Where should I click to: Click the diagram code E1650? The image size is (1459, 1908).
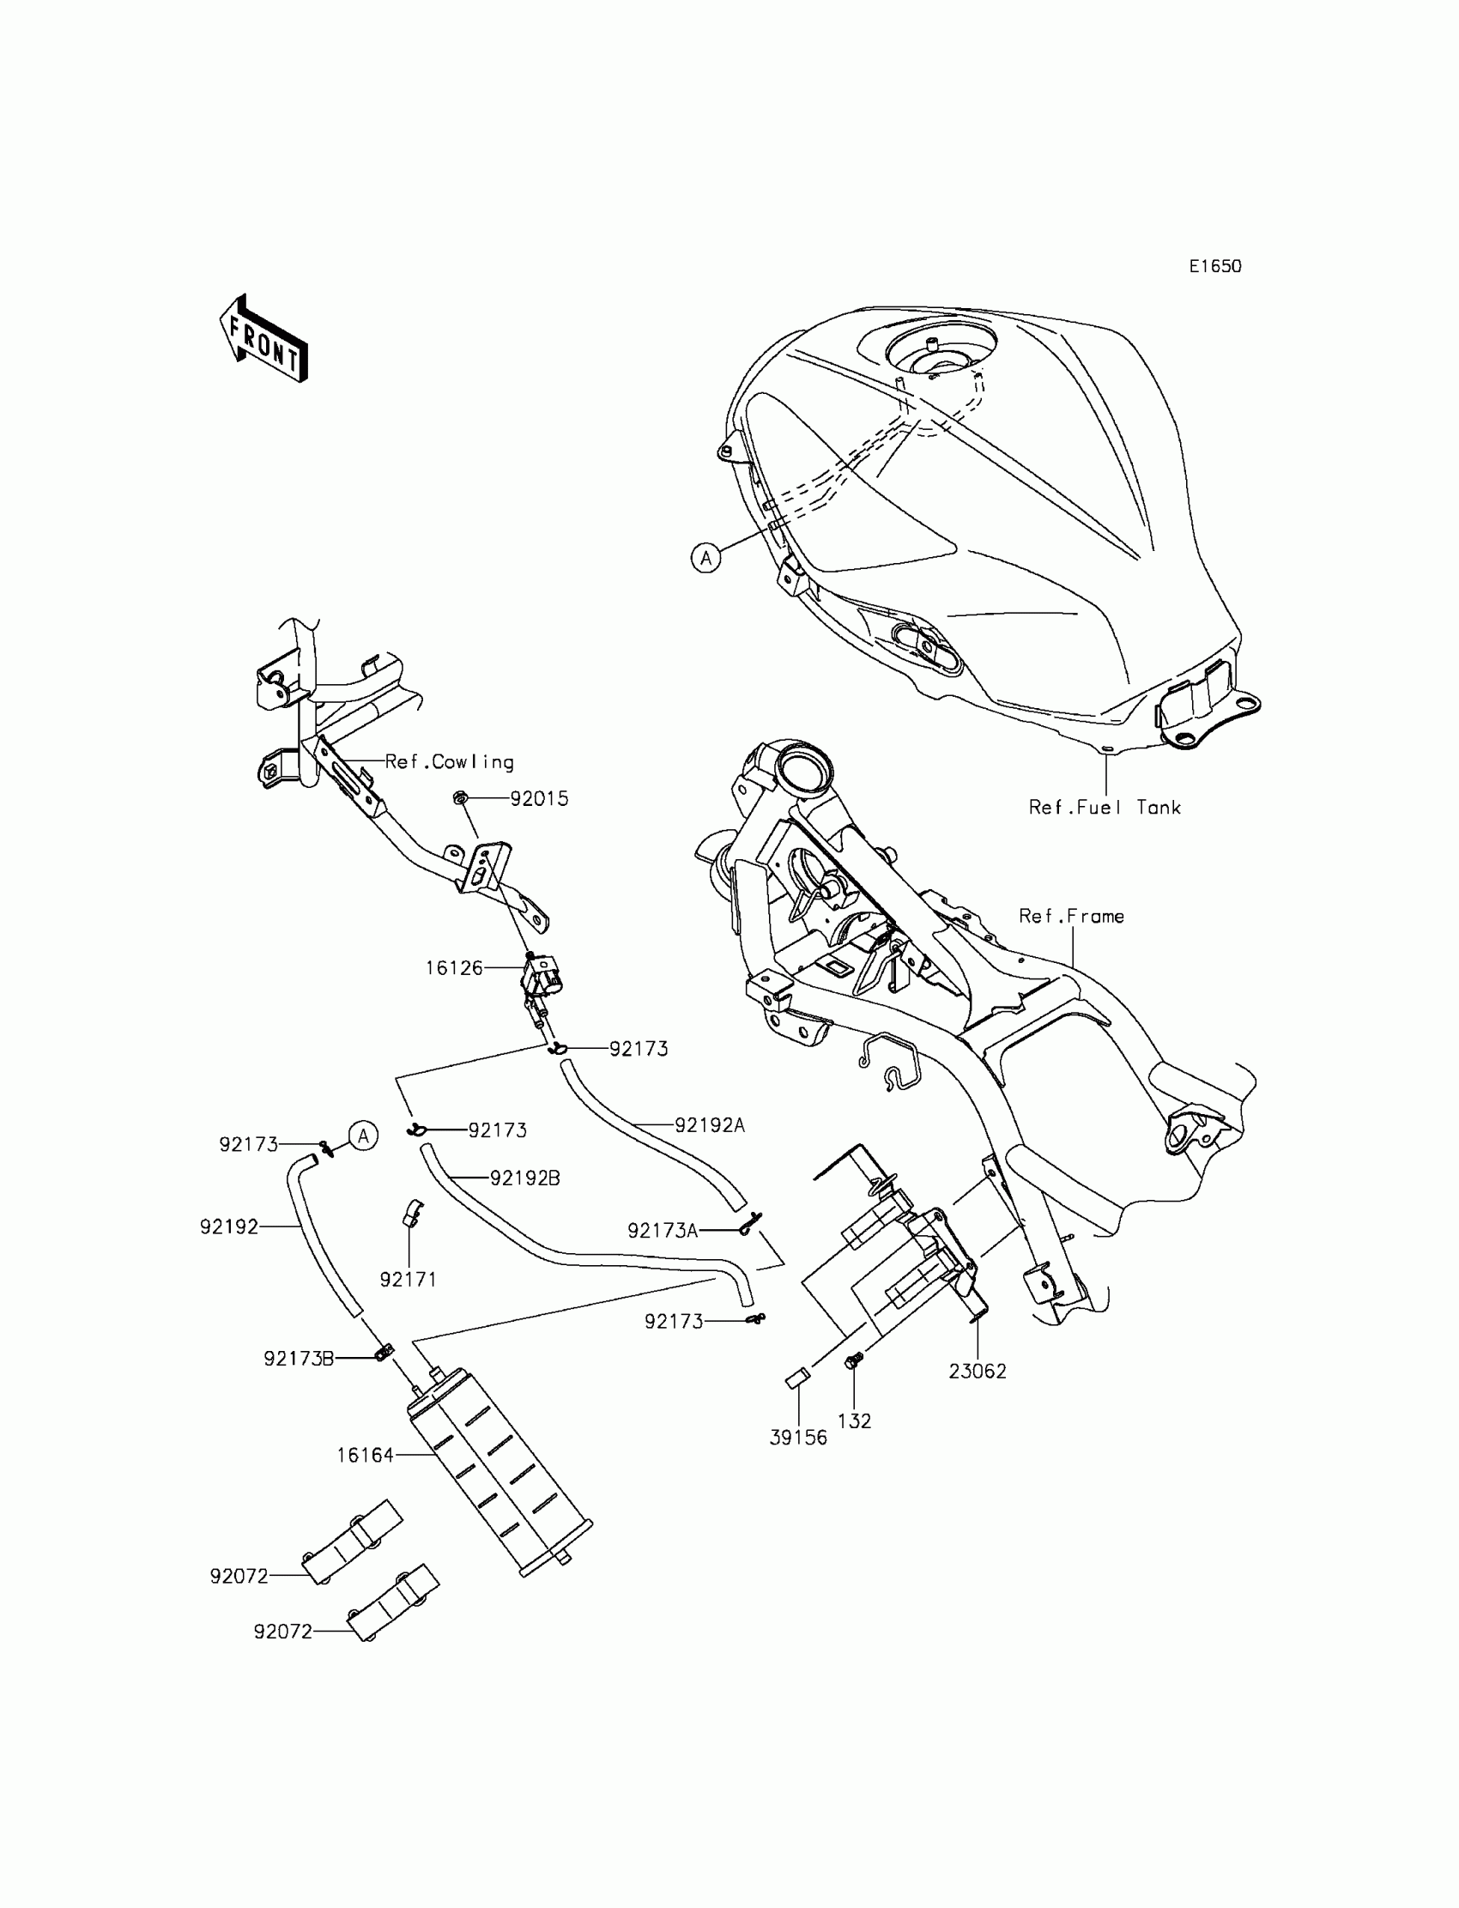1215,267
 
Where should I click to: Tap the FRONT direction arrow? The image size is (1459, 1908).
264,340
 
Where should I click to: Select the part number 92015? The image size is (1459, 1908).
538,799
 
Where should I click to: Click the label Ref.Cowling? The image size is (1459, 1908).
449,761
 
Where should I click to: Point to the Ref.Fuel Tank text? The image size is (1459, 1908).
1105,808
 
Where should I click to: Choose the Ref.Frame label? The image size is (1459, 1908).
1071,916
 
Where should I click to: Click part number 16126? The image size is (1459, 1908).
453,967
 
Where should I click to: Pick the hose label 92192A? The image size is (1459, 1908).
710,1124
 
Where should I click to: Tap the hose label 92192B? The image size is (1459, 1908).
524,1178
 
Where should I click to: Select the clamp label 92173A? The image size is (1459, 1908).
663,1231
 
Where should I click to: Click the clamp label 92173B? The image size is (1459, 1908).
299,1359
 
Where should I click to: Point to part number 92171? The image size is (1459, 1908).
409,1279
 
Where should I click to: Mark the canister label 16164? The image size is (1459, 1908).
365,1455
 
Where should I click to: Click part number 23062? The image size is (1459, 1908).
977,1372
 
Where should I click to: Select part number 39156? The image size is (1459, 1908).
798,1438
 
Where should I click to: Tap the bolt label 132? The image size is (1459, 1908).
854,1420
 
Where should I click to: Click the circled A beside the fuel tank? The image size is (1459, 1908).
706,558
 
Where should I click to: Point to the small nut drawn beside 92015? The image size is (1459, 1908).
461,797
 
